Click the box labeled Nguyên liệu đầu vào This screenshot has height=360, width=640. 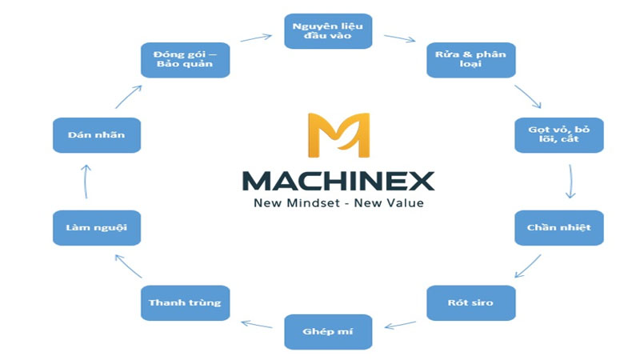point(328,31)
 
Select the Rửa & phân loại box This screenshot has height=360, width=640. point(471,59)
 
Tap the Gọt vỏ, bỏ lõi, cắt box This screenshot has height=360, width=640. point(559,134)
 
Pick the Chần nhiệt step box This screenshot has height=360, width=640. point(559,227)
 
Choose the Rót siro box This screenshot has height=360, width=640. point(471,302)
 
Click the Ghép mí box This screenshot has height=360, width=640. point(328,331)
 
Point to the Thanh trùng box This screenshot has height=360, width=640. point(186,302)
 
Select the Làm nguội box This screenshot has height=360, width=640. point(97,227)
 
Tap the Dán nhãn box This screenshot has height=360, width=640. point(97,134)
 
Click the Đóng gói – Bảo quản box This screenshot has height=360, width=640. point(186,59)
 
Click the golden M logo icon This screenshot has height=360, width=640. point(338,135)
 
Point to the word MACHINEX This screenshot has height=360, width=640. point(338,182)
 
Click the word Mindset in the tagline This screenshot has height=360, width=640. point(314,203)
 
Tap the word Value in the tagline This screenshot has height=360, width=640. point(406,203)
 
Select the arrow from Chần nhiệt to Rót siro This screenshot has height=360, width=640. point(528,266)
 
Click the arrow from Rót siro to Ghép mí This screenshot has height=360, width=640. point(400,325)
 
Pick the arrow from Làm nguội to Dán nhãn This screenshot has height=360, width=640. point(86,182)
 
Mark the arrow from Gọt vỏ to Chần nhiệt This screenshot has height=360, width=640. point(570,182)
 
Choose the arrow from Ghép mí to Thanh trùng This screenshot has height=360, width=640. point(257,325)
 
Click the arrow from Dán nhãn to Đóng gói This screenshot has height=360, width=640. point(129,97)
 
